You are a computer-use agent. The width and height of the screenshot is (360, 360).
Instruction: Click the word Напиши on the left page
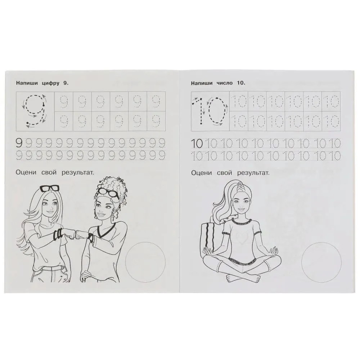27,83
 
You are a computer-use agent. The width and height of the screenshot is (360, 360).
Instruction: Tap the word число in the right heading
225,83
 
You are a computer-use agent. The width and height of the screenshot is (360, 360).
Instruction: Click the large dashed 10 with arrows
210,111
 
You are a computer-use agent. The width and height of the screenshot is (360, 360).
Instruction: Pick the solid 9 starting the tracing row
19,143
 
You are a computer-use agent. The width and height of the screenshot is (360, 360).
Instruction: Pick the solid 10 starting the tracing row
197,144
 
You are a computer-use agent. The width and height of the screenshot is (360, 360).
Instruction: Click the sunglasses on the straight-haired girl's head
49,188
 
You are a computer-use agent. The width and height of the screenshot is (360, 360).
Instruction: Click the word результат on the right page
253,173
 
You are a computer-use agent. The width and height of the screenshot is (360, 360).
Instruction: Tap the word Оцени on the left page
26,173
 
